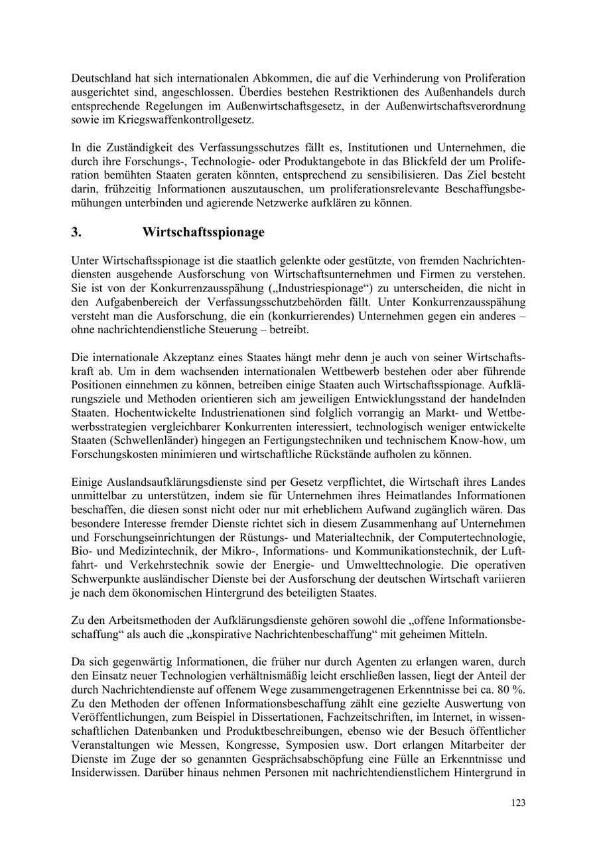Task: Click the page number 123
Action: point(518,803)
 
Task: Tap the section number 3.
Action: point(76,232)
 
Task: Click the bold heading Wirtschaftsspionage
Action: point(203,232)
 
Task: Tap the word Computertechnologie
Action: point(476,536)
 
